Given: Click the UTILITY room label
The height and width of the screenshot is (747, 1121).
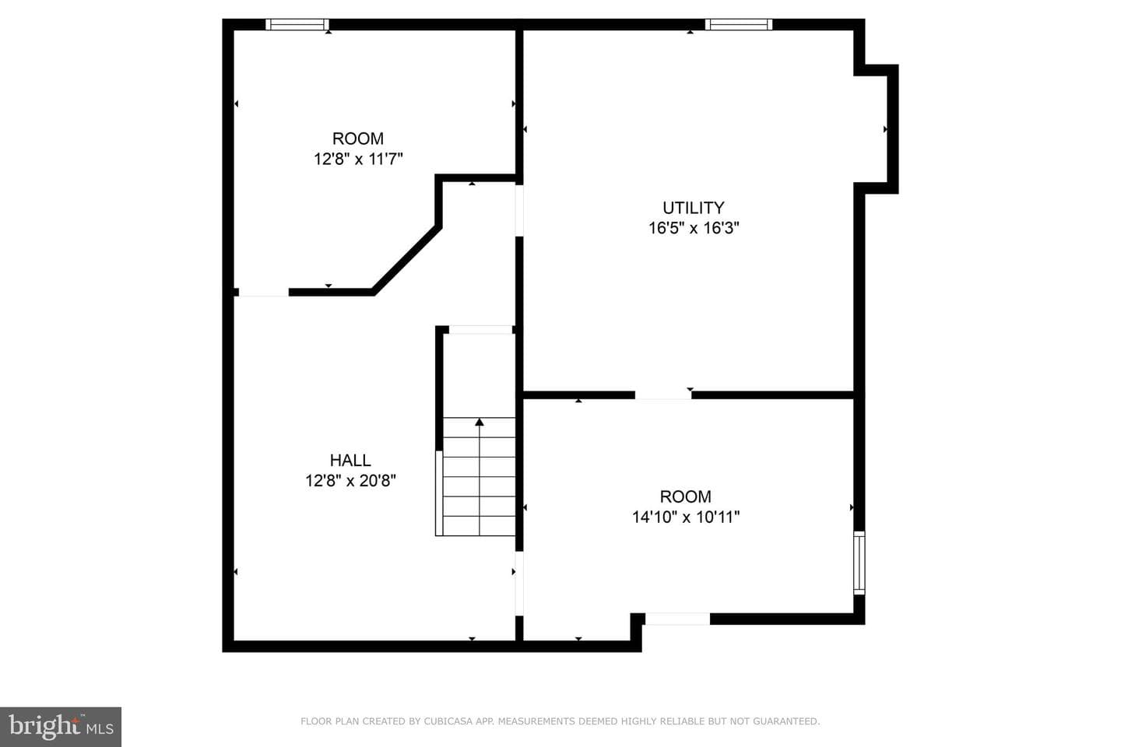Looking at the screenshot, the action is [x=693, y=208].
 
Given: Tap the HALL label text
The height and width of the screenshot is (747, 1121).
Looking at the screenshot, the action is [x=350, y=461].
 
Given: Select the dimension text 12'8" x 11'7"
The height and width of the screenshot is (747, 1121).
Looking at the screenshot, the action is [x=358, y=159].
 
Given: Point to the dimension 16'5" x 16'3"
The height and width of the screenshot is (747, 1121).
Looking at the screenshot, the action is [x=694, y=228].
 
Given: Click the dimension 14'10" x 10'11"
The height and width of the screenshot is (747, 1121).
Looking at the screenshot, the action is [x=686, y=517].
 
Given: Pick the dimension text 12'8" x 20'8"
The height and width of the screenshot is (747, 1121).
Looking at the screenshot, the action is [x=350, y=481].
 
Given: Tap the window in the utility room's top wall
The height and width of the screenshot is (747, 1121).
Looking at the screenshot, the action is [x=739, y=25].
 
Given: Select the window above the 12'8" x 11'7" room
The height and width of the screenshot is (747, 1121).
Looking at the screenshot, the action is [x=297, y=25].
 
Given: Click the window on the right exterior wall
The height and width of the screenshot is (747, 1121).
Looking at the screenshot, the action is [x=859, y=563].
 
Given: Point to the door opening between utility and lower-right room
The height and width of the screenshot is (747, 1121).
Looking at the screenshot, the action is [x=663, y=395].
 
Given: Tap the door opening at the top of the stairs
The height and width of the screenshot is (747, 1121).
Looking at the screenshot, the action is [x=480, y=330].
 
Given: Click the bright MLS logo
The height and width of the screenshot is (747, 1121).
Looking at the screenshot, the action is [x=61, y=727].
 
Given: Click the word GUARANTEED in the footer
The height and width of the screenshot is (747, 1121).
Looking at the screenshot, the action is [x=789, y=721].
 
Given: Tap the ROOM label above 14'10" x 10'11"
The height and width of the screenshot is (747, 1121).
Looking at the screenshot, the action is [x=686, y=496].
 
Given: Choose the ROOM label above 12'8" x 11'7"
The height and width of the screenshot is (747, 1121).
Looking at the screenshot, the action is [x=358, y=139].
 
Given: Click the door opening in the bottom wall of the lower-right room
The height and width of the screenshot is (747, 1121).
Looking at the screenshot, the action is [x=677, y=619].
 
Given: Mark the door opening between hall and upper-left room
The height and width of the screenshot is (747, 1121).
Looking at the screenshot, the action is [x=264, y=293].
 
